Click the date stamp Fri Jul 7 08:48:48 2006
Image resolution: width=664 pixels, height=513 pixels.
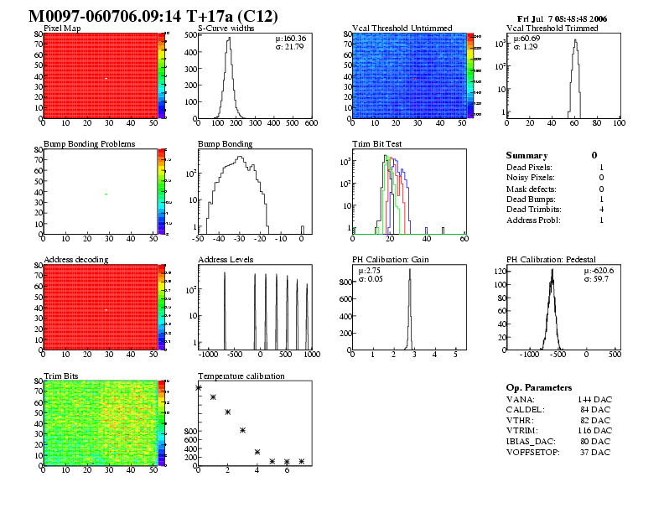coord(562,18)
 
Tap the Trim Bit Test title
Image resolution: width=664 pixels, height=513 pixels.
coord(376,144)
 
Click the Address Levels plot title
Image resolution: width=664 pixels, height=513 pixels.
coord(226,260)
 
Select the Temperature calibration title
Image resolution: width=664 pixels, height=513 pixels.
coord(241,376)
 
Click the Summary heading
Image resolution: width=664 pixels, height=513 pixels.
coord(527,156)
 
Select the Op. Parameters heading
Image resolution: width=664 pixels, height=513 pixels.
coord(539,388)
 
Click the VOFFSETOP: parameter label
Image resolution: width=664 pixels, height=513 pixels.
coord(534,453)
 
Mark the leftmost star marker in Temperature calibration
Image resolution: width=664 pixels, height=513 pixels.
coord(199,387)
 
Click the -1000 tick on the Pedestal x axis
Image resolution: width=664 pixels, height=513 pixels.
coord(529,355)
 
